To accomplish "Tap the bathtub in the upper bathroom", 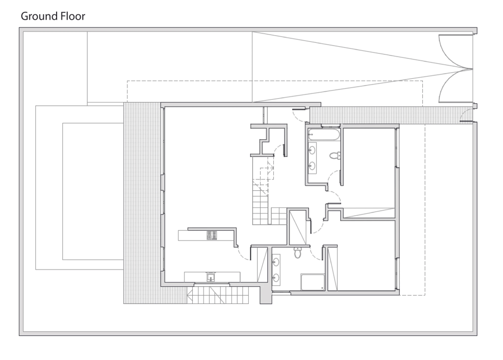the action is [324, 135].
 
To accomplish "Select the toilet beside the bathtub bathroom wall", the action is [334, 155].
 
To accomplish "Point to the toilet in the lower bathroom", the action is [297, 252].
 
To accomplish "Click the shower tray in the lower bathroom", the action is [312, 282].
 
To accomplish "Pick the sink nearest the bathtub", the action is [312, 150].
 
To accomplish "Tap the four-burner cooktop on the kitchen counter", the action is [212, 236].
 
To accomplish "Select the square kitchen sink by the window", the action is [211, 277].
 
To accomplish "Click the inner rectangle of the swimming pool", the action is [93, 191].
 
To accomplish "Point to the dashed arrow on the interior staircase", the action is [267, 173].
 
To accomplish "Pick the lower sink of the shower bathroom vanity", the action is [275, 278].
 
